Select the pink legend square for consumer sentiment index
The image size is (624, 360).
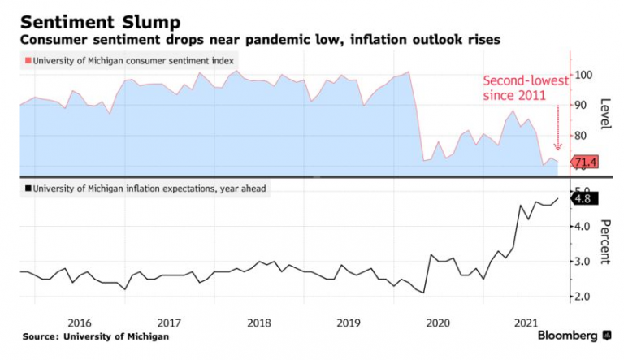pyautogui.click(x=28, y=60)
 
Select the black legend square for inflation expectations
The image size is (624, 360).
pyautogui.click(x=28, y=189)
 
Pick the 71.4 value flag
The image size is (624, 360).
pyautogui.click(x=586, y=163)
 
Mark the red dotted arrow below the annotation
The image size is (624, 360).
pyautogui.click(x=557, y=130)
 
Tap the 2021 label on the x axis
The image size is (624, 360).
pyautogui.click(x=529, y=322)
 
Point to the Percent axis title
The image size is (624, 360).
pyautogui.click(x=605, y=241)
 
